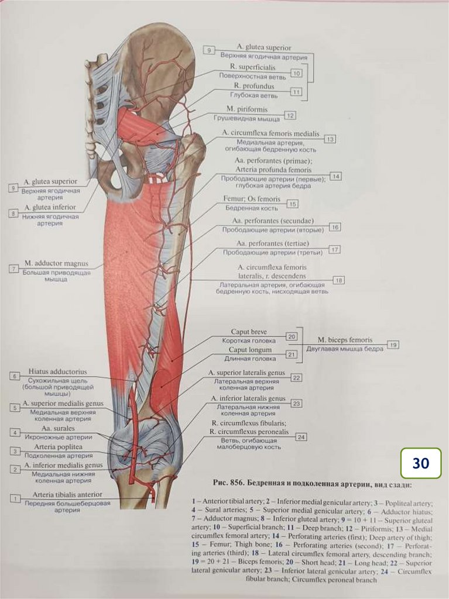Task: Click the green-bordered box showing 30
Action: pyautogui.click(x=420, y=463)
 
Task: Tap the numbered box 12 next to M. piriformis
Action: pyautogui.click(x=290, y=115)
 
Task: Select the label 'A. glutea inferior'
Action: pyautogui.click(x=50, y=208)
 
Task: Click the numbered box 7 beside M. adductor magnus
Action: pyautogui.click(x=14, y=269)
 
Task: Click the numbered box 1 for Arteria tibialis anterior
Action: pyautogui.click(x=14, y=498)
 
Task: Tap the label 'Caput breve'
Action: pyautogui.click(x=249, y=332)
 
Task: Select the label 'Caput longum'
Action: pyautogui.click(x=249, y=350)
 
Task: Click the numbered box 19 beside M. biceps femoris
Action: pyautogui.click(x=393, y=345)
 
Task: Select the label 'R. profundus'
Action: pyautogui.click(x=252, y=87)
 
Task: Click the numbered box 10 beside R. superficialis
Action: pyautogui.click(x=296, y=73)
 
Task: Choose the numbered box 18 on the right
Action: pyautogui.click(x=339, y=281)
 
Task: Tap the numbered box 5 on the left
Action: pyautogui.click(x=14, y=407)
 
